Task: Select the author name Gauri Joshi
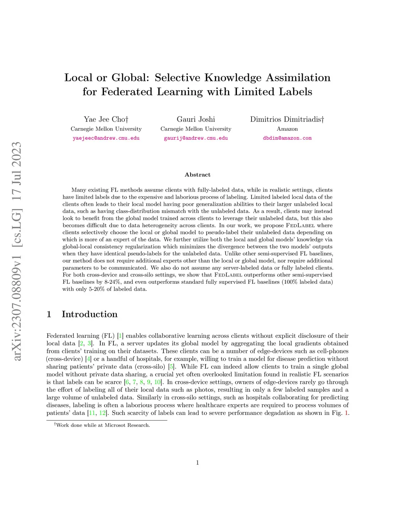tap(196, 119)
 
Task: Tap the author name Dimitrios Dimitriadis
tap(287, 119)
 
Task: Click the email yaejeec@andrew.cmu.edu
tap(106, 138)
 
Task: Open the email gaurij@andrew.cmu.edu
tap(196, 138)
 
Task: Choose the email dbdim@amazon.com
tap(287, 138)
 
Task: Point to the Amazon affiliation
tap(287, 129)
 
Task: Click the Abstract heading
tap(197, 175)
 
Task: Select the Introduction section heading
tap(89, 314)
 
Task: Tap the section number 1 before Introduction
tap(49, 314)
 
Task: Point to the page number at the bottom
tap(197, 463)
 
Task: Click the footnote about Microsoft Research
tap(102, 425)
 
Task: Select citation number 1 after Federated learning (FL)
tap(120, 336)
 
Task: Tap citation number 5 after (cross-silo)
tap(172, 367)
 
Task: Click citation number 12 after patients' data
tap(102, 413)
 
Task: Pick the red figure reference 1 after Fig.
tap(346, 413)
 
